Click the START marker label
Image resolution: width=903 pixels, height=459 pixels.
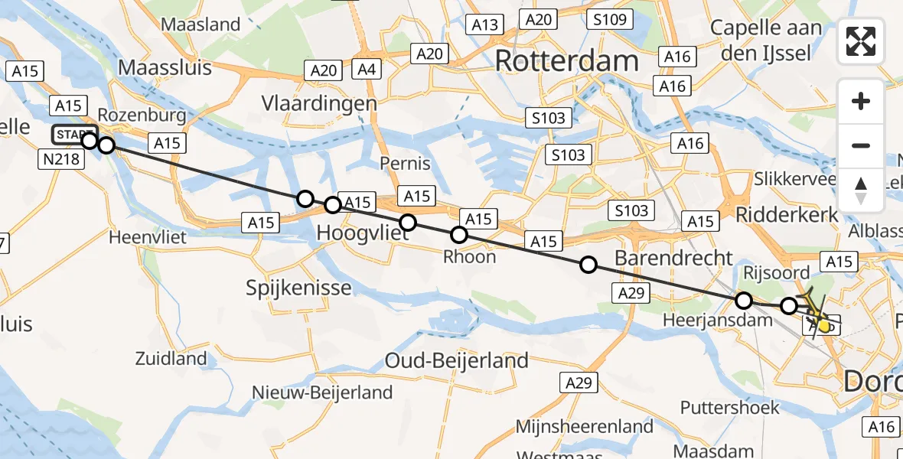[x=73, y=135]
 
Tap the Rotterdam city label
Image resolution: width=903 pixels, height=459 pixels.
[x=566, y=61]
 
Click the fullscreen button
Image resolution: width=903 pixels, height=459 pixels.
[x=861, y=41]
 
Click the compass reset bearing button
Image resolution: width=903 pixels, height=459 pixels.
[x=861, y=190]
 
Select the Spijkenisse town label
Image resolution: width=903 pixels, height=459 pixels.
[x=298, y=288]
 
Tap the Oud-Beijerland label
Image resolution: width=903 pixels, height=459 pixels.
[x=457, y=360]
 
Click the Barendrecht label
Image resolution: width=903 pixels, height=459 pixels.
[x=673, y=257]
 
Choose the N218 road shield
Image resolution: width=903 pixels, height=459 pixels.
[x=59, y=158]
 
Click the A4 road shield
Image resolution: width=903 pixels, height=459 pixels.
[x=367, y=70]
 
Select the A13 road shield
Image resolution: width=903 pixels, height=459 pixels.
[x=485, y=24]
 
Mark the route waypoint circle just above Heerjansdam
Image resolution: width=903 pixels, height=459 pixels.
[x=743, y=301]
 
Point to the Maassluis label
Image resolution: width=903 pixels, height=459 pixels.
[x=165, y=67]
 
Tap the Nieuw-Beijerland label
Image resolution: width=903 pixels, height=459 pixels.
[x=322, y=392]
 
